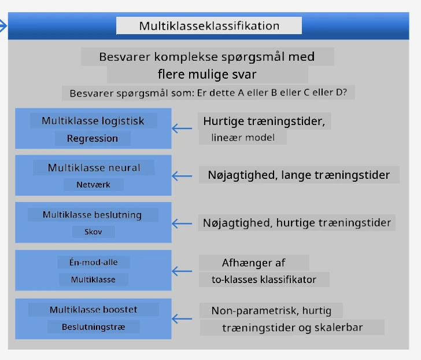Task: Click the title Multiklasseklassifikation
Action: pyautogui.click(x=209, y=26)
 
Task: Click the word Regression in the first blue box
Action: pyautogui.click(x=93, y=138)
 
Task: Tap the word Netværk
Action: pyautogui.click(x=94, y=185)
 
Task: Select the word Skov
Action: pyautogui.click(x=93, y=232)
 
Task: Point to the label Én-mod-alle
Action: pyautogui.click(x=94, y=262)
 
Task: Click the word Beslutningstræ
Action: pyautogui.click(x=94, y=327)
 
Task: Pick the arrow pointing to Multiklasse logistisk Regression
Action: pyautogui.click(x=182, y=128)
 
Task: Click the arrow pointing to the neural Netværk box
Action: pyautogui.click(x=182, y=176)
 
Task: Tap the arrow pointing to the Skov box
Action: pyautogui.click(x=182, y=223)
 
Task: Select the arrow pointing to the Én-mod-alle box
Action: pyautogui.click(x=182, y=271)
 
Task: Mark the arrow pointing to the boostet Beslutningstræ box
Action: pyautogui.click(x=182, y=319)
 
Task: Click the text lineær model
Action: pyautogui.click(x=243, y=138)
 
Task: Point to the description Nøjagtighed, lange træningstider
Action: pyautogui.click(x=299, y=175)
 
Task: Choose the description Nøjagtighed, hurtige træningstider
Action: pyautogui.click(x=297, y=223)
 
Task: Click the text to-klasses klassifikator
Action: pyautogui.click(x=264, y=280)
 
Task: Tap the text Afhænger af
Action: pyautogui.click(x=254, y=263)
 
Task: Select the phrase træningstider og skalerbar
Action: pyautogui.click(x=293, y=328)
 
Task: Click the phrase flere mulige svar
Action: pyautogui.click(x=207, y=74)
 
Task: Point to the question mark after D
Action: pyautogui.click(x=345, y=92)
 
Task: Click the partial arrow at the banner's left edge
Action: pyautogui.click(x=3, y=26)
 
